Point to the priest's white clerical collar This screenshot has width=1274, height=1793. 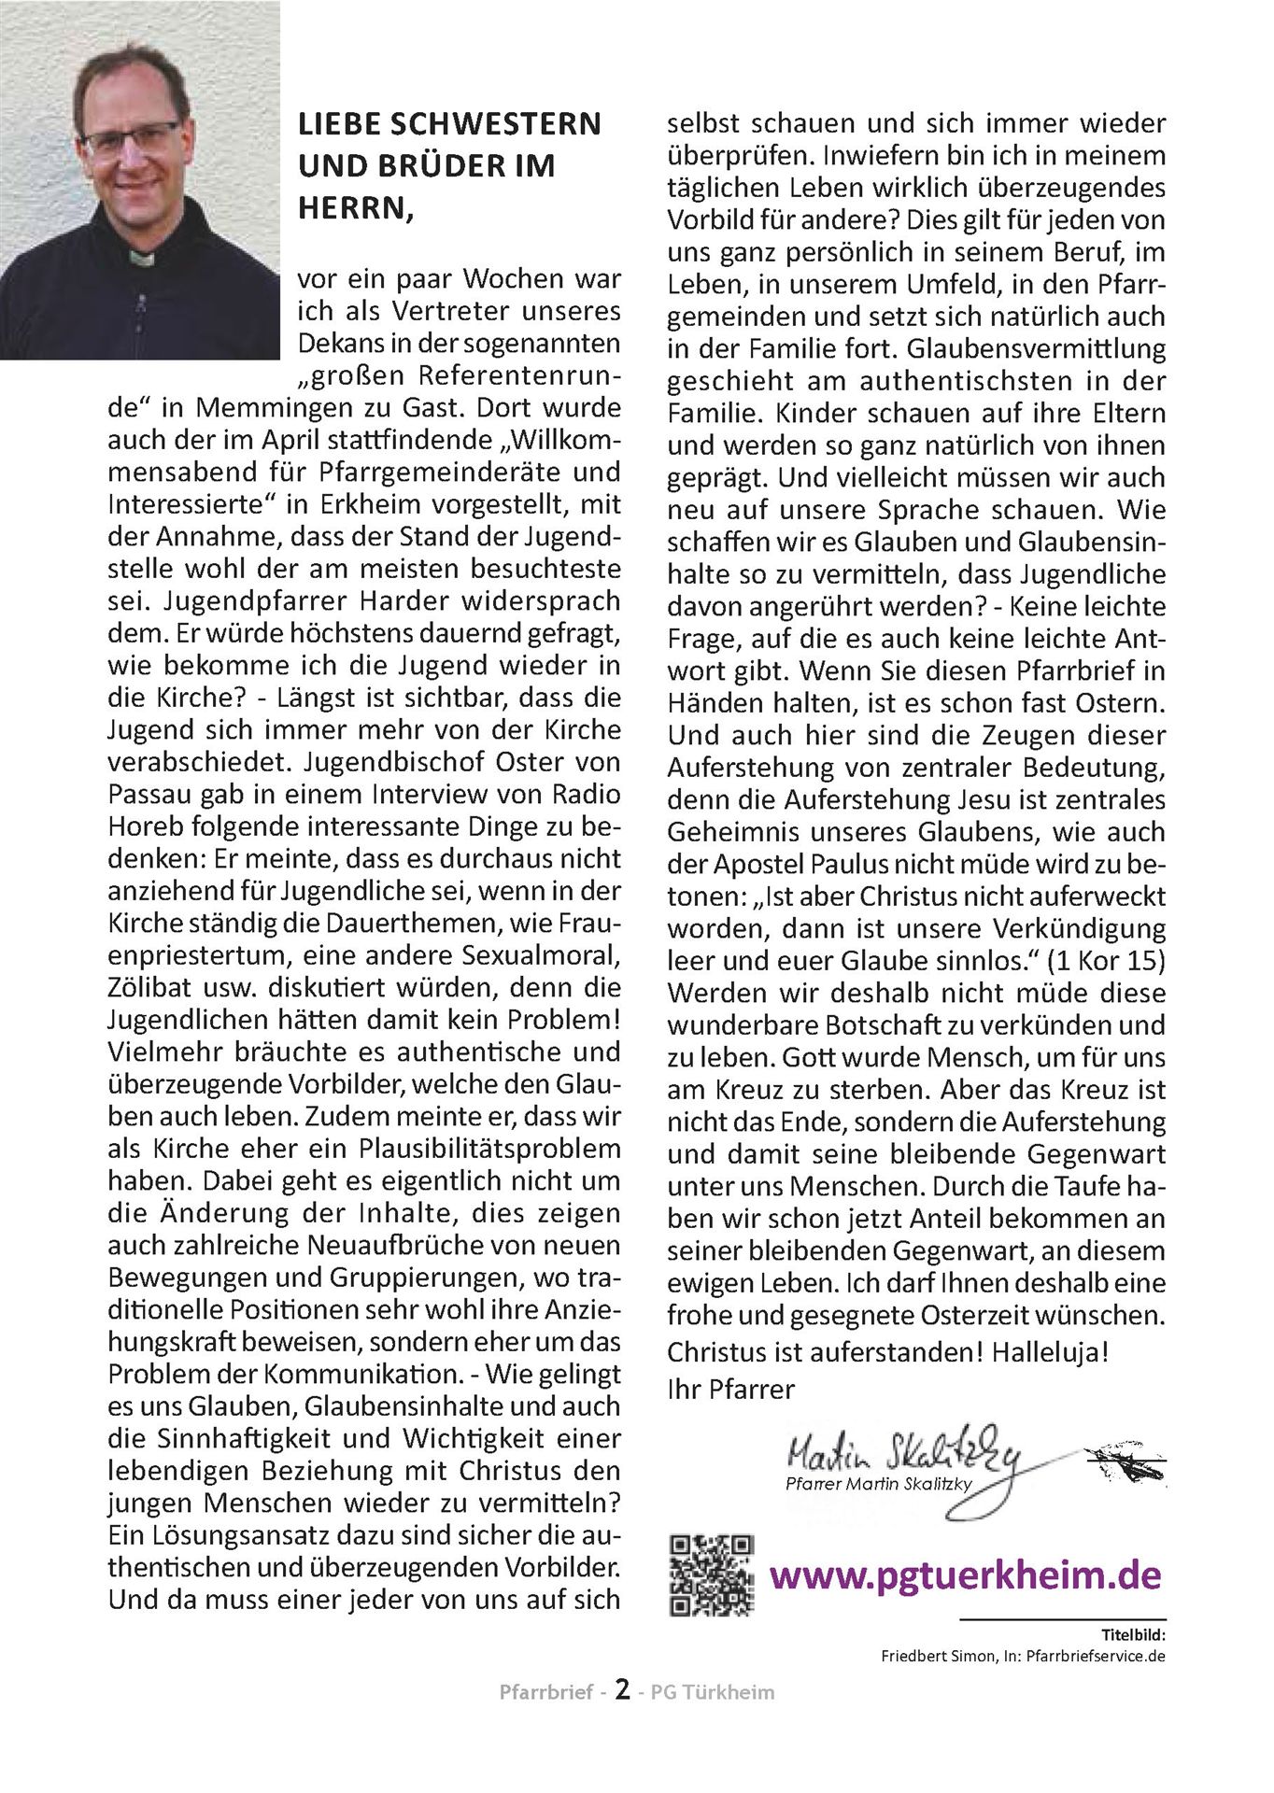coord(141,257)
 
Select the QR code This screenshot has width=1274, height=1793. coord(712,1574)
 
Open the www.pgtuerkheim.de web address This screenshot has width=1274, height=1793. coord(966,1575)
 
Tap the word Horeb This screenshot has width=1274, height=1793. coord(147,827)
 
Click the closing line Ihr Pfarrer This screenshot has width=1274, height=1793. coord(730,1390)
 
